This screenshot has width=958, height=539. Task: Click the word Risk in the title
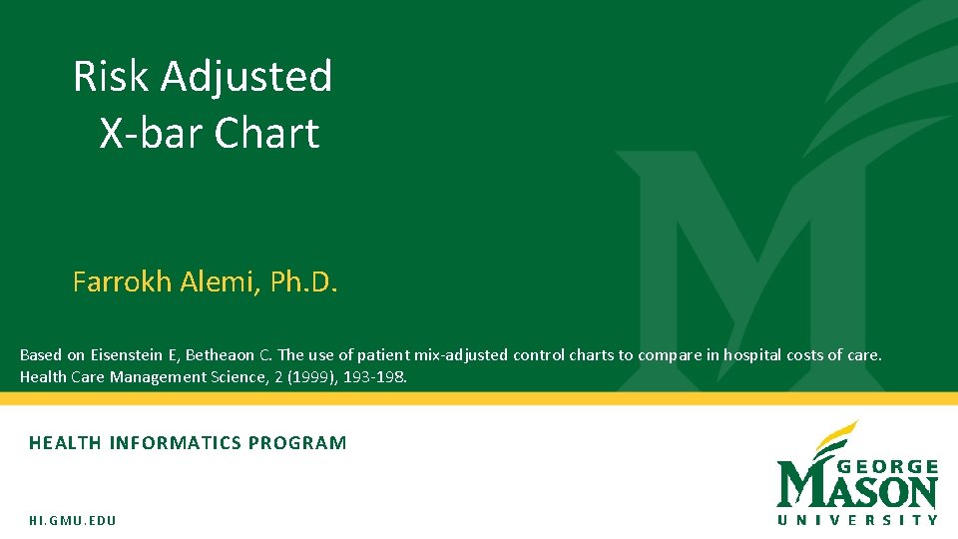tap(110, 77)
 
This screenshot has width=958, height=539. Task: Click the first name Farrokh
tap(122, 282)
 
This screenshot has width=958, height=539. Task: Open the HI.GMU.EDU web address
tap(73, 521)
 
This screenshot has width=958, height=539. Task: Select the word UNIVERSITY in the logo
tap(857, 519)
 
